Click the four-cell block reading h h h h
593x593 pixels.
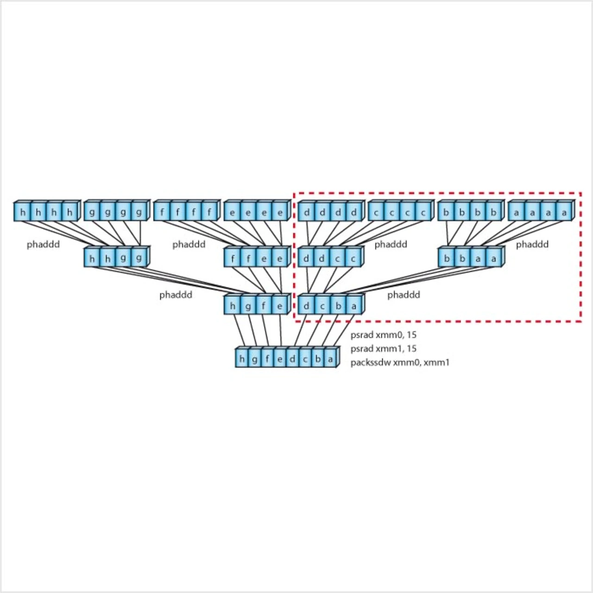[x=47, y=212]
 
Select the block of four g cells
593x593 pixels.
[x=116, y=212]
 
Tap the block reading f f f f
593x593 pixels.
[x=186, y=212]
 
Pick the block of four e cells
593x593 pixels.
[x=257, y=212]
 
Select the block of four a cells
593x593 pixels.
[x=541, y=212]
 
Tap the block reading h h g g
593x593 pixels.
[x=116, y=258]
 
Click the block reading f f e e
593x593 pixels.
[x=256, y=258]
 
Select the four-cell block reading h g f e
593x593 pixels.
[x=256, y=306]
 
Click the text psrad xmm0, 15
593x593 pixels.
[x=384, y=335]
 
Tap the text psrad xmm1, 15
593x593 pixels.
[x=384, y=348]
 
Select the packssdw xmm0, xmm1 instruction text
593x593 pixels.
[x=400, y=362]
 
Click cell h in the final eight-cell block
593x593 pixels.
[x=242, y=359]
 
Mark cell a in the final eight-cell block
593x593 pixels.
[x=330, y=359]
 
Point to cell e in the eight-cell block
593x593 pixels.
[x=280, y=359]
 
